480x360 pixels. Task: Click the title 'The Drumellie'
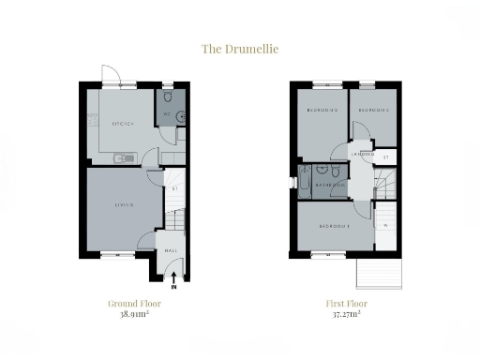click(239, 47)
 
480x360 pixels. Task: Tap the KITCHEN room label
click(122, 124)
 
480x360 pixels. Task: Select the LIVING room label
click(124, 205)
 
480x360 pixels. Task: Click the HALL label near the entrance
click(172, 251)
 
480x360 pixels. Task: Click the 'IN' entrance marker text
click(173, 286)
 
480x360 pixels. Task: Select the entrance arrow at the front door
click(173, 276)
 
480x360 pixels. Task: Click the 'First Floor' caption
click(347, 304)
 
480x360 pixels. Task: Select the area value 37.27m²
click(347, 315)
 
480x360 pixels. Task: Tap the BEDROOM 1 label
click(335, 227)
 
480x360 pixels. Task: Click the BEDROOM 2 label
click(322, 112)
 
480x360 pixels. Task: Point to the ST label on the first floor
click(386, 158)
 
